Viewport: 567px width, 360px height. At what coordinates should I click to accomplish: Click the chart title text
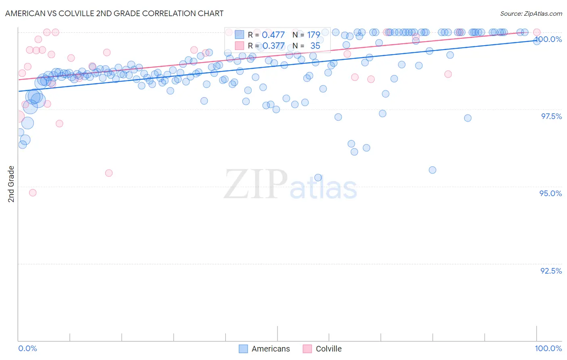pos(114,13)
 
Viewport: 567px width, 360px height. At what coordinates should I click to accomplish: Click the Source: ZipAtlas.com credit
pos(531,13)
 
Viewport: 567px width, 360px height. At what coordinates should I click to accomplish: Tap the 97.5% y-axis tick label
pos(551,116)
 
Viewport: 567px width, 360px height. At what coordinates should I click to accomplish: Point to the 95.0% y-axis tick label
pos(550,193)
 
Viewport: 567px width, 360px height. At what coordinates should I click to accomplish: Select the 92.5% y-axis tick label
pos(551,271)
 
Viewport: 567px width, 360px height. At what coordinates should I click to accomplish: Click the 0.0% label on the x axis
pos(27,348)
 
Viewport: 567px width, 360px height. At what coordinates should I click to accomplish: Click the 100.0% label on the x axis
pos(548,348)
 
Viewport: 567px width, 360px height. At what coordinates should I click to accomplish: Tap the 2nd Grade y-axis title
pos(11,184)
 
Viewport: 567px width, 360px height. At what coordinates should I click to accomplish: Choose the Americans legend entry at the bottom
pos(265,349)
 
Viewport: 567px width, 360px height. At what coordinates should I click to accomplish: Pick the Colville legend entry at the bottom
pos(323,349)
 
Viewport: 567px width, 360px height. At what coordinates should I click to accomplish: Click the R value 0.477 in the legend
pos(273,35)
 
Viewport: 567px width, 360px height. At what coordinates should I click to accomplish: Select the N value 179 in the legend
pos(313,35)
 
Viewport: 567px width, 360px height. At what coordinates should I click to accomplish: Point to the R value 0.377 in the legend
pos(273,46)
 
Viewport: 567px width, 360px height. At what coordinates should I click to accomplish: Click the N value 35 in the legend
pos(315,46)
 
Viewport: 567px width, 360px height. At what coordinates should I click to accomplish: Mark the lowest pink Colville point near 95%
pos(33,193)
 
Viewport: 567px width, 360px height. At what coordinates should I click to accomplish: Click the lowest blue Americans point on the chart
pos(318,178)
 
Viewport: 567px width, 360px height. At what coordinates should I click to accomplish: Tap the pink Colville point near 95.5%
pos(108,173)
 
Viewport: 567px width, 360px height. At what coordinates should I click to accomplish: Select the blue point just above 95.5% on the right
pos(432,170)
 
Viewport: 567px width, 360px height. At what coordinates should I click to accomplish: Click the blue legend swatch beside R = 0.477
pos(240,35)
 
